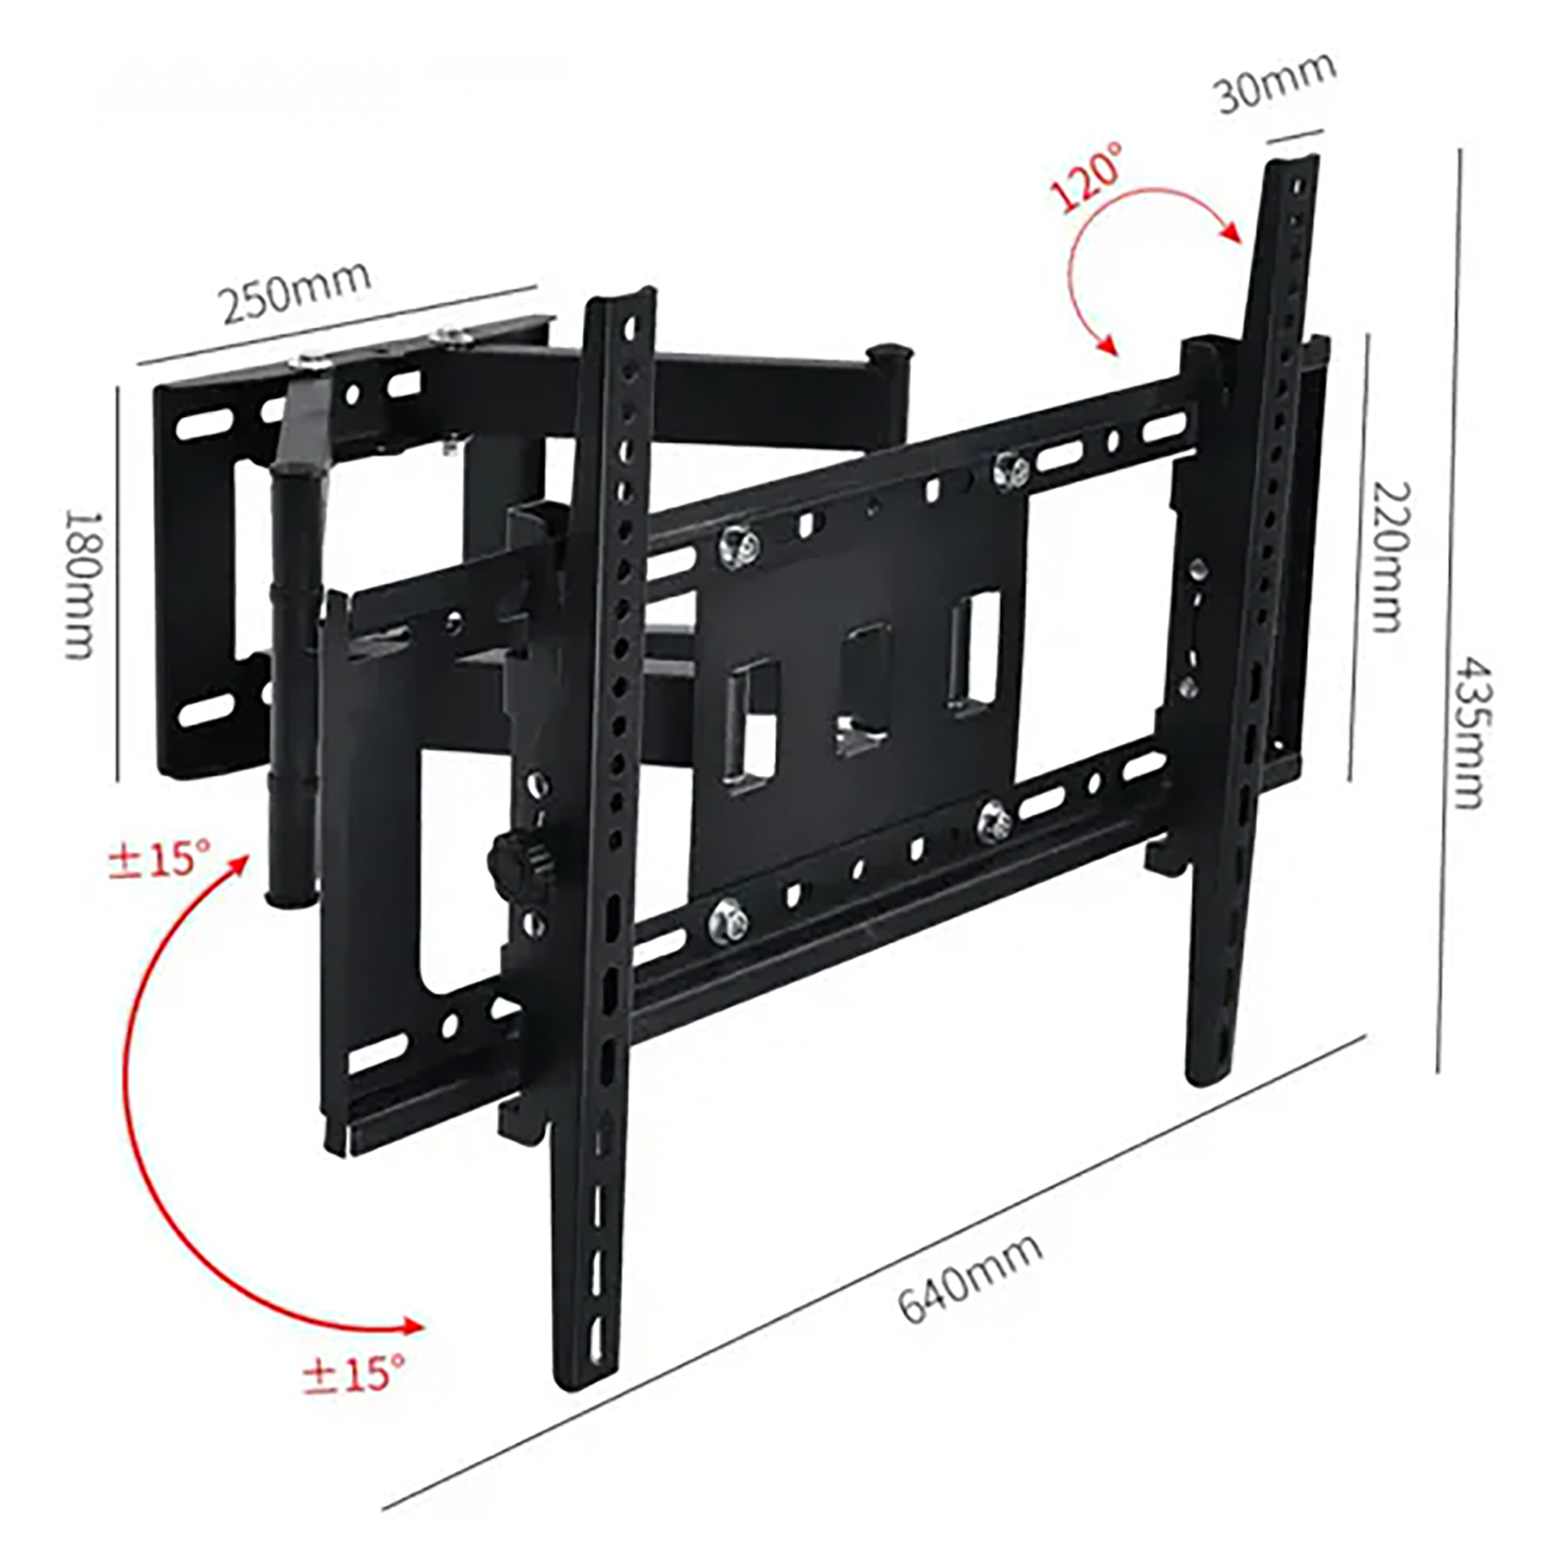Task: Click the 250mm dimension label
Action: click(x=295, y=290)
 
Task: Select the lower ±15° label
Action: click(x=354, y=1374)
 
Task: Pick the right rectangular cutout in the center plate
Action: click(x=974, y=650)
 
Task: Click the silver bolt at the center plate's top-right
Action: click(x=1010, y=470)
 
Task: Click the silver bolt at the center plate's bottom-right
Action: click(x=995, y=821)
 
